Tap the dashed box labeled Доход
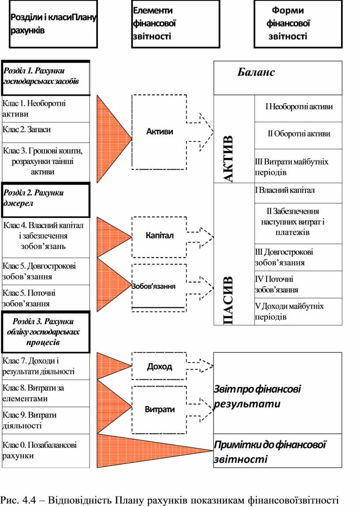(x=159, y=366)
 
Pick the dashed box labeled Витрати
(x=159, y=409)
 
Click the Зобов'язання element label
(x=154, y=286)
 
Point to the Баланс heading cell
(x=277, y=78)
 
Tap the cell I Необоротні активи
(x=299, y=107)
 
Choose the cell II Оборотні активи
(x=299, y=134)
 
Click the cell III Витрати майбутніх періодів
(x=299, y=166)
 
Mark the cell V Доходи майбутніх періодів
(x=299, y=311)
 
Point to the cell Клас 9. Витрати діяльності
(x=46, y=420)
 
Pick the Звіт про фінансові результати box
(x=278, y=393)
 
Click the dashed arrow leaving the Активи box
(x=201, y=131)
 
